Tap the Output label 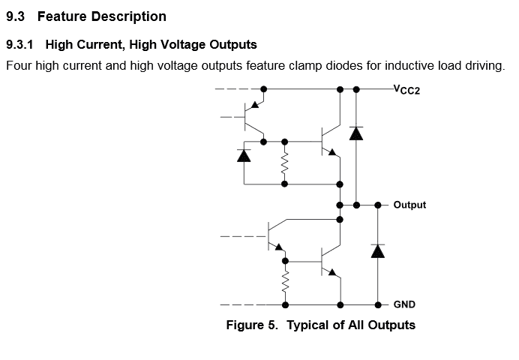point(409,205)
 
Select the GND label point(404,305)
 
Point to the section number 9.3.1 point(20,45)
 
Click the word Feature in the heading point(59,16)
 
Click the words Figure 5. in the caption point(252,325)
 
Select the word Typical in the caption point(308,325)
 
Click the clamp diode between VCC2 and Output point(355,133)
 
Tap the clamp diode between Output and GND point(378,250)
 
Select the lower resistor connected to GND point(285,283)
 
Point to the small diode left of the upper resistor point(243,155)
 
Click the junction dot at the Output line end point(378,205)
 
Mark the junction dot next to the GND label point(378,305)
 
